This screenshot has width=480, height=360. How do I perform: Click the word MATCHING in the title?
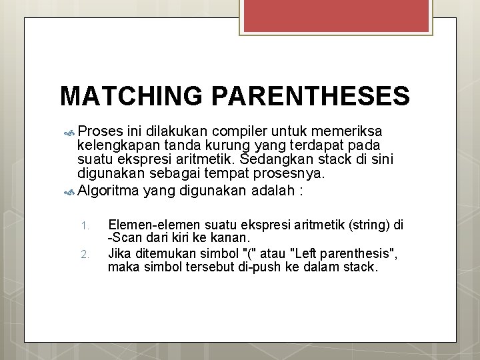[131, 96]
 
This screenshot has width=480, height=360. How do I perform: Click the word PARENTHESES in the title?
[310, 96]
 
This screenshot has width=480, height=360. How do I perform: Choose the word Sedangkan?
[274, 160]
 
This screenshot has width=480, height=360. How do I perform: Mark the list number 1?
[84, 226]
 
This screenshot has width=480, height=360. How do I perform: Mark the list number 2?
[84, 254]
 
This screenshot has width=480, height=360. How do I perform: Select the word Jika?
[119, 253]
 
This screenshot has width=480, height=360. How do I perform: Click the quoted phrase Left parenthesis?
[347, 253]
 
